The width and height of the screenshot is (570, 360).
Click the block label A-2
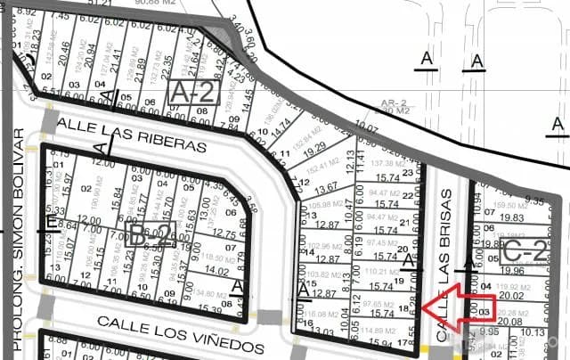(193, 92)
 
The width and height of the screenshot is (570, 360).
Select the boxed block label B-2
(149, 235)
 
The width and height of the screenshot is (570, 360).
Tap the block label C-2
(524, 250)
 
